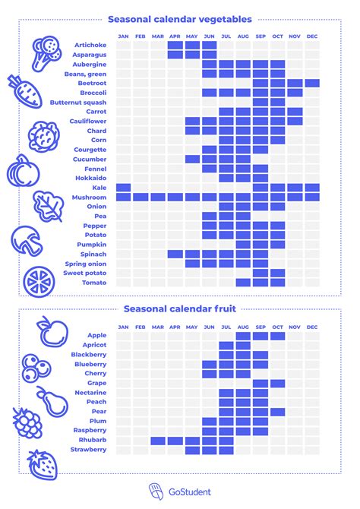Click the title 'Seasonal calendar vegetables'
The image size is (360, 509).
180,19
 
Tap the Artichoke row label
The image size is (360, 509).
90,46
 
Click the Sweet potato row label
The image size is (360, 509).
84,273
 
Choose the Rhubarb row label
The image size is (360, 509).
92,440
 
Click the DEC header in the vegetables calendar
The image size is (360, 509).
312,36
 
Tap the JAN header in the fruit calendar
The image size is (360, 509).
123,327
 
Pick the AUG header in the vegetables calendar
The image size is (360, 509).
243,36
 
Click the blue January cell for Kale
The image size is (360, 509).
123,188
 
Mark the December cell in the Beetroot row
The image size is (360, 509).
312,84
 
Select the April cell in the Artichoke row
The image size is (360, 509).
175,46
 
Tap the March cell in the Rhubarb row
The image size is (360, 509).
157,440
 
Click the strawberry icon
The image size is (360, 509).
41,463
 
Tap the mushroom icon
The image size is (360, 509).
27,240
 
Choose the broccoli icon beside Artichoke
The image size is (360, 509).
46,49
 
